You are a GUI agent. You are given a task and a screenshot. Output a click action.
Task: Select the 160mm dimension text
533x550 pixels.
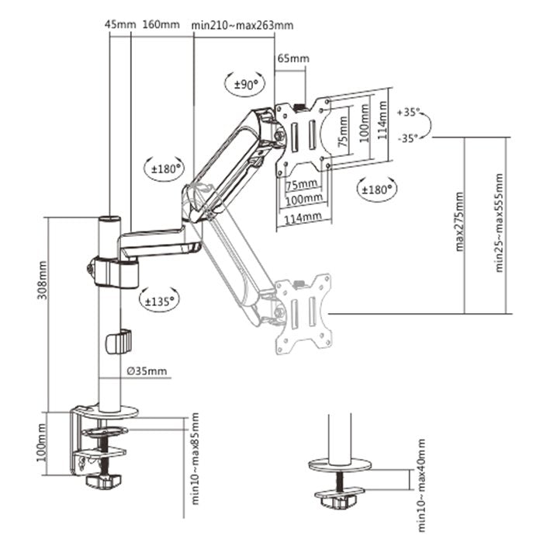click(x=160, y=24)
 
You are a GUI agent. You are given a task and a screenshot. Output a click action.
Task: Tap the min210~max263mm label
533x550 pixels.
click(x=243, y=24)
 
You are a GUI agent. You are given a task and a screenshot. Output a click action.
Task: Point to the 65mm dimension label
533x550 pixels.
click(x=292, y=58)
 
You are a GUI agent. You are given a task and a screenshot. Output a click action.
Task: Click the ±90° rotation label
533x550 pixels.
click(x=245, y=85)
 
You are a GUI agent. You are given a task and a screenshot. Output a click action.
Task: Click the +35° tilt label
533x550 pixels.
click(x=409, y=113)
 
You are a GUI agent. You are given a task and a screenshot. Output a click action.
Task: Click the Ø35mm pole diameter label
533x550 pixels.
click(x=147, y=371)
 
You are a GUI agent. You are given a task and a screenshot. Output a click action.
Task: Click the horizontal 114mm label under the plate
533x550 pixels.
click(x=303, y=218)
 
